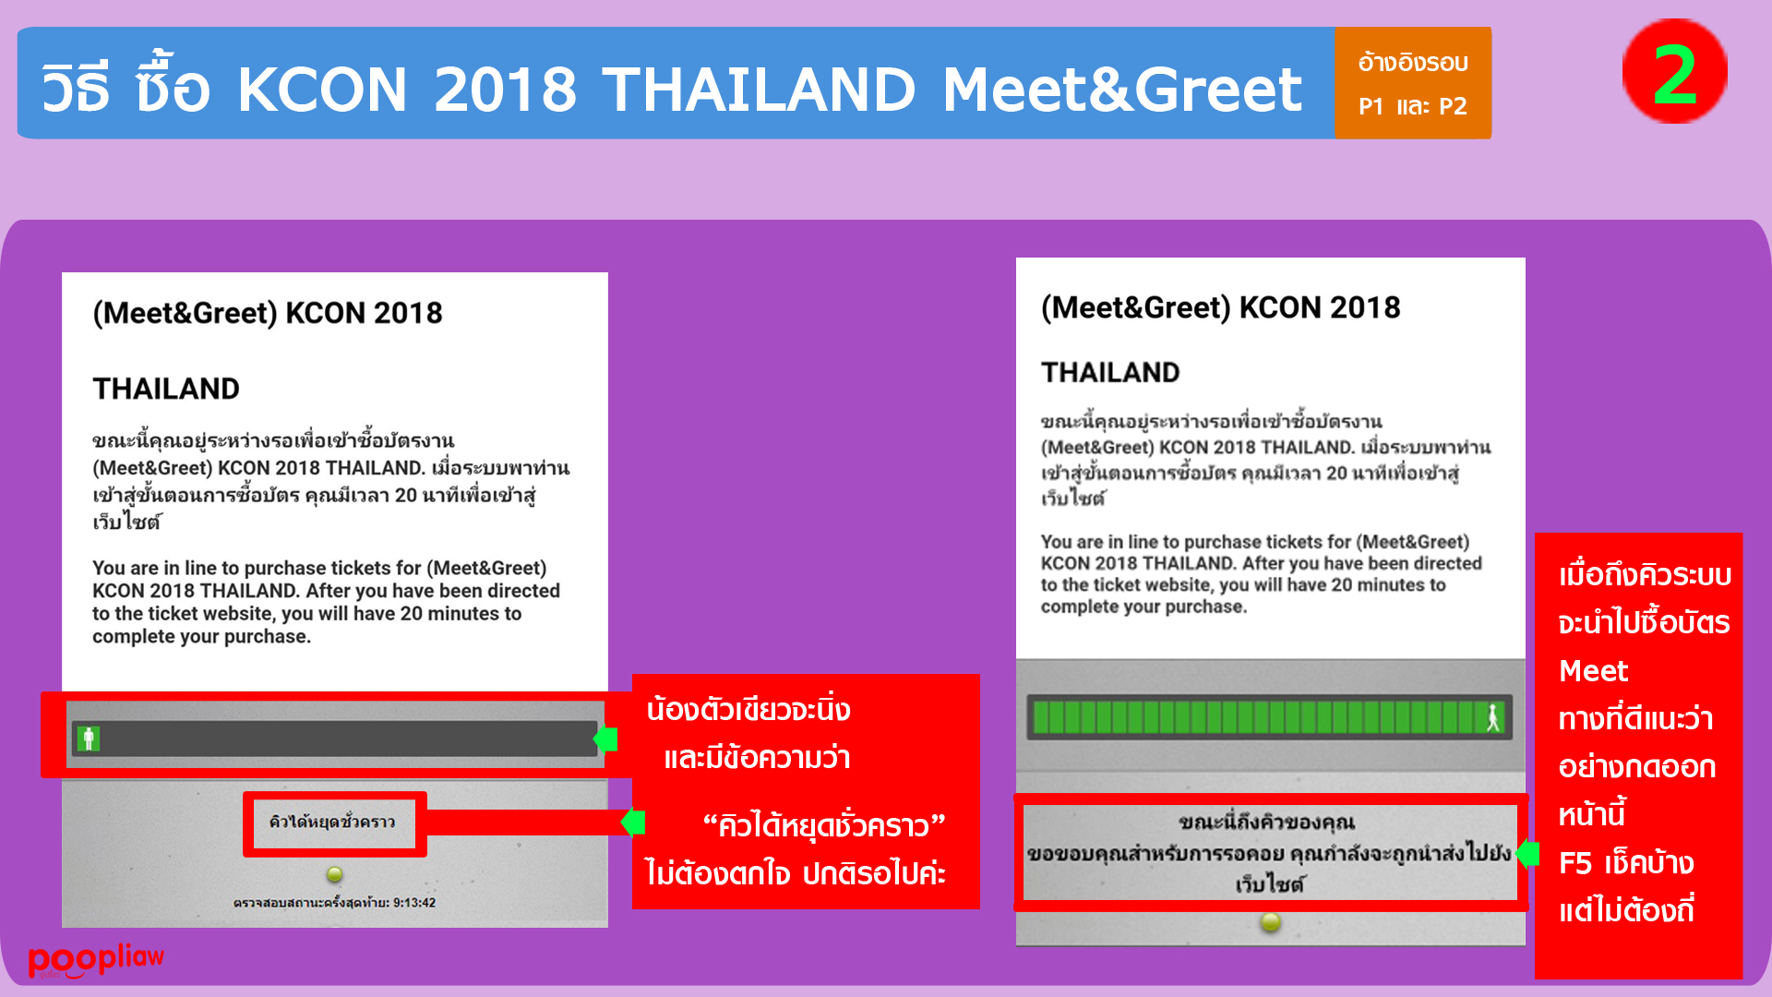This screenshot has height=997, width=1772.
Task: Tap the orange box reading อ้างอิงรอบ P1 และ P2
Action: (1413, 83)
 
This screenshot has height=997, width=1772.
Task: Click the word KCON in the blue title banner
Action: (322, 90)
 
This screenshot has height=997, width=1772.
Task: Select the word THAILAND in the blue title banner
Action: (759, 90)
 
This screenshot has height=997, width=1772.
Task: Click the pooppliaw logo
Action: (96, 960)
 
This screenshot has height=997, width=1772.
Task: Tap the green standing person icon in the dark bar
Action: (89, 739)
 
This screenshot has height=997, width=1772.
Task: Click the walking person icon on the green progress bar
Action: (1492, 717)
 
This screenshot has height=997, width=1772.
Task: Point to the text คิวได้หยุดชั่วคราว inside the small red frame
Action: (332, 822)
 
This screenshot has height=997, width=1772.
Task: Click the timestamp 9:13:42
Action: (414, 903)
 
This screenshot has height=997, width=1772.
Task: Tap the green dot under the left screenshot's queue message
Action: (334, 873)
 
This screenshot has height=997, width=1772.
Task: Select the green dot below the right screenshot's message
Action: (1271, 921)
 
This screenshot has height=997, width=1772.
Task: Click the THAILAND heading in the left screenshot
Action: (166, 389)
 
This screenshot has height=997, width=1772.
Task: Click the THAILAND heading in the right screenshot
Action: (1110, 372)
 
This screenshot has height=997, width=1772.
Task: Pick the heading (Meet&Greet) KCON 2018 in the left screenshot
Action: (268, 313)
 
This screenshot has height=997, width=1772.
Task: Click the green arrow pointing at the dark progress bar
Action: (605, 739)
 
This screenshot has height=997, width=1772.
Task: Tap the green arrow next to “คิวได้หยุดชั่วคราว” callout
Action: (633, 822)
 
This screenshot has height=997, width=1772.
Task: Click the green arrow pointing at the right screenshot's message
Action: (1527, 853)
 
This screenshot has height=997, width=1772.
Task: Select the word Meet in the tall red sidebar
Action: (1593, 671)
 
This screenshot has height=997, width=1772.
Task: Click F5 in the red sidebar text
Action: (1575, 863)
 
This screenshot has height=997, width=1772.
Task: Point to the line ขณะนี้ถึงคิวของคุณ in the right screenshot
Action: (1266, 822)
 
